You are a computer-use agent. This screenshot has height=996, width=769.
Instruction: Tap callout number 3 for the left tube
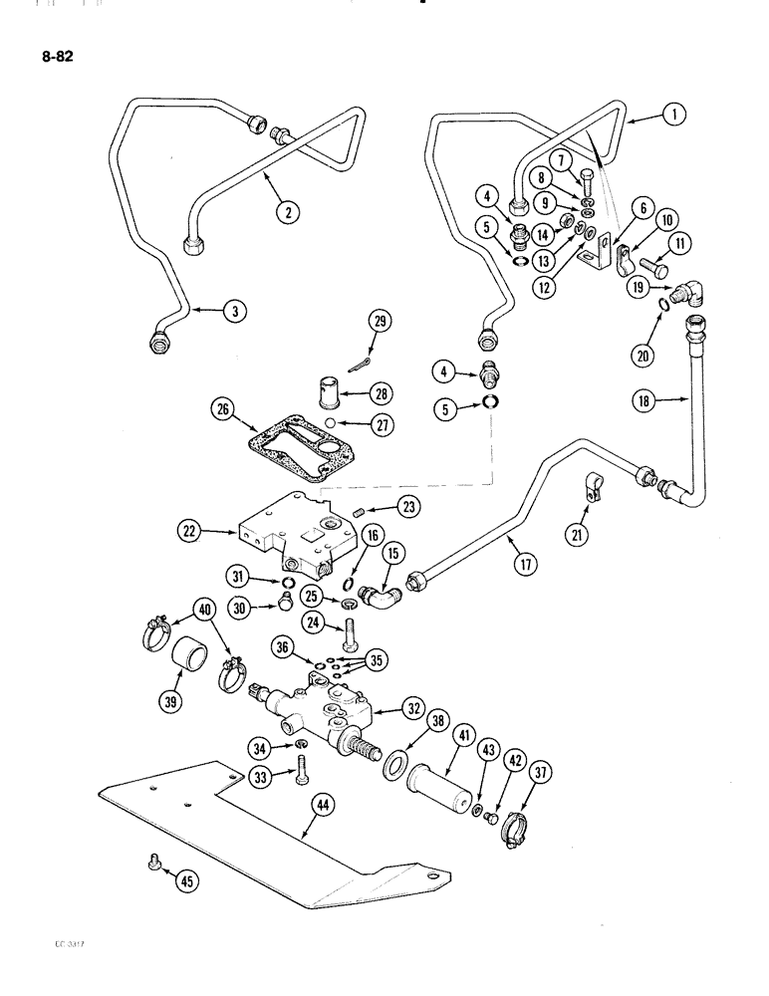(234, 312)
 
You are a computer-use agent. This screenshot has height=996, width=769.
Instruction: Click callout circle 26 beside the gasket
(224, 409)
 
